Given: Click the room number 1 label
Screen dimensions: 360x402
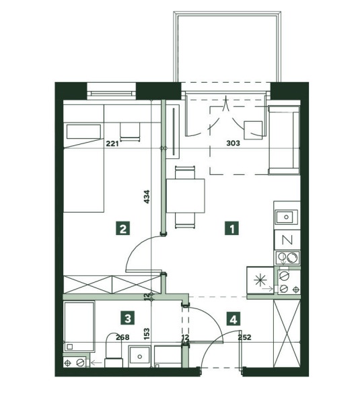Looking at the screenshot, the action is point(231,228).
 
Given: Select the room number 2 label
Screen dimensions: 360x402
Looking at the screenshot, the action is point(122,228).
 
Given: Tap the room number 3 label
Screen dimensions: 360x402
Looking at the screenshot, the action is point(128,318).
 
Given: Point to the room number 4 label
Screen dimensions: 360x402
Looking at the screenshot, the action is point(233,319).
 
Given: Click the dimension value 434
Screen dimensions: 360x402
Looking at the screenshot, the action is point(147,197).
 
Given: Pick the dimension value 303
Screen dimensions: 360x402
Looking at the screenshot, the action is point(233,143).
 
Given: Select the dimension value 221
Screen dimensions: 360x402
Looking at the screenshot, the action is point(112,143).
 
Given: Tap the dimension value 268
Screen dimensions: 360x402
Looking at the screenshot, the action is point(122,337).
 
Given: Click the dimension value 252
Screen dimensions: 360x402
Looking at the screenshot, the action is point(244,337).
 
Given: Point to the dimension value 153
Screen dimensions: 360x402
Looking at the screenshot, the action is point(147,334).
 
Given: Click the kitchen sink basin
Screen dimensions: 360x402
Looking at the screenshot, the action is point(287,217).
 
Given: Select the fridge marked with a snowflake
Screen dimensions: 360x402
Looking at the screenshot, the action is point(260,280).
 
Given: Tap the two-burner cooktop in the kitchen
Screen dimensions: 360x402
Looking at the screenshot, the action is point(287,258).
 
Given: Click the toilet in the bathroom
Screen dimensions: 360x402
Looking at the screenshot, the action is point(114,350).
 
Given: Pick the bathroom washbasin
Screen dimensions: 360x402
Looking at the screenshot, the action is point(139,356).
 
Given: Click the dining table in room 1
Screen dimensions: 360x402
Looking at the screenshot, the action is point(186,196).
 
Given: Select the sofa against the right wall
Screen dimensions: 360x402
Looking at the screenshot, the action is point(284,140).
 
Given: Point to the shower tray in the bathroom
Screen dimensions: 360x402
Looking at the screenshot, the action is point(79,327).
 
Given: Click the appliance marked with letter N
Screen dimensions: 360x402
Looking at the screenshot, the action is point(287,240).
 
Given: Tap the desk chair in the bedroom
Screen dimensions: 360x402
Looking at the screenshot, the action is point(131,131).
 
